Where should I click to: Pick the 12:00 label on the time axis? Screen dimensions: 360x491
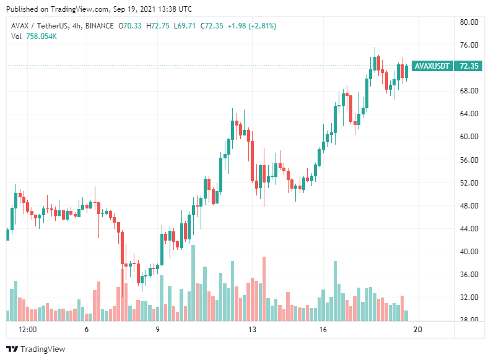28,330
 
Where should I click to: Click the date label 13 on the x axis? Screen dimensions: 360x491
252,330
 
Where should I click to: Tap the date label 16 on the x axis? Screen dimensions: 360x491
323,330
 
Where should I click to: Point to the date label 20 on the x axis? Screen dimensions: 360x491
418,330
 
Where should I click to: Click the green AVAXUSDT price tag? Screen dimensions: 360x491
432,66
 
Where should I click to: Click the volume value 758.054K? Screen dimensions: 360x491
41,36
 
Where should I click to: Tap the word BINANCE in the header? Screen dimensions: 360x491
100,26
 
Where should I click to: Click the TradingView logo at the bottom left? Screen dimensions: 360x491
35,349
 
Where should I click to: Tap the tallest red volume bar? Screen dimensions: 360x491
264,288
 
